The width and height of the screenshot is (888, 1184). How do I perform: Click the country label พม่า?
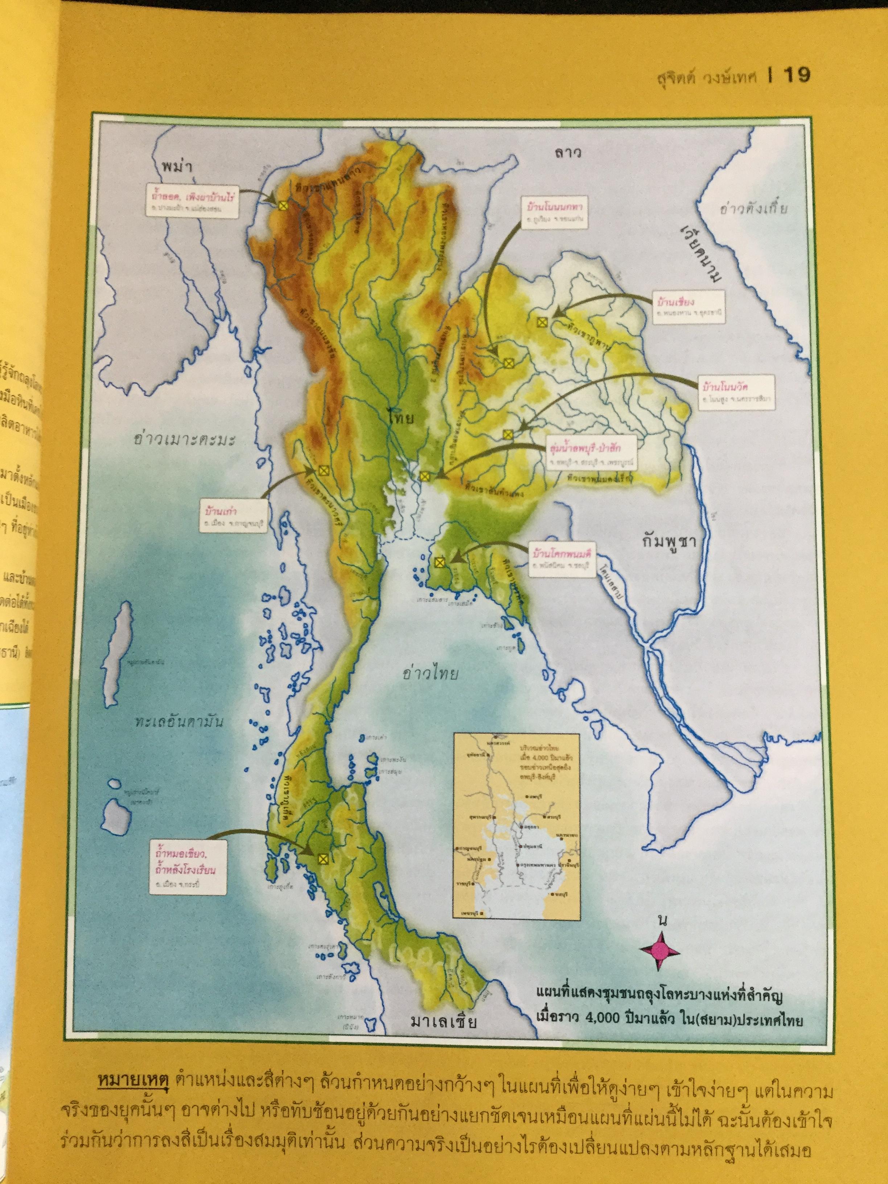177,166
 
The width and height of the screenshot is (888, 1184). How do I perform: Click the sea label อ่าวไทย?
430,673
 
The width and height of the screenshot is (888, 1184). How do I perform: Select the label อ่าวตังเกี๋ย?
754,208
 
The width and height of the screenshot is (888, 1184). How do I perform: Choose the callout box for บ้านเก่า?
233,515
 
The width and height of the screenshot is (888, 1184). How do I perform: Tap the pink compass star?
659,951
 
